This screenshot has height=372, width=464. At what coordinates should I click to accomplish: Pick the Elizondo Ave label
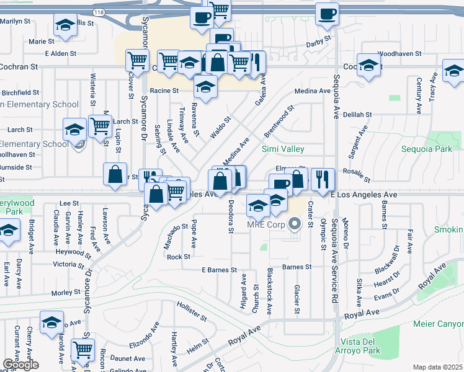coord(145,335)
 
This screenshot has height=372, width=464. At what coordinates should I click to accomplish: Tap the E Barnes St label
coord(220,270)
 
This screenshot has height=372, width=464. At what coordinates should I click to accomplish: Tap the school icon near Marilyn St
coord(64,25)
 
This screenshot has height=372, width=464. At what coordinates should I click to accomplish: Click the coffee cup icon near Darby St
coord(327,13)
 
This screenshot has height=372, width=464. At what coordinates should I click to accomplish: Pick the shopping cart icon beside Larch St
coord(99,126)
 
